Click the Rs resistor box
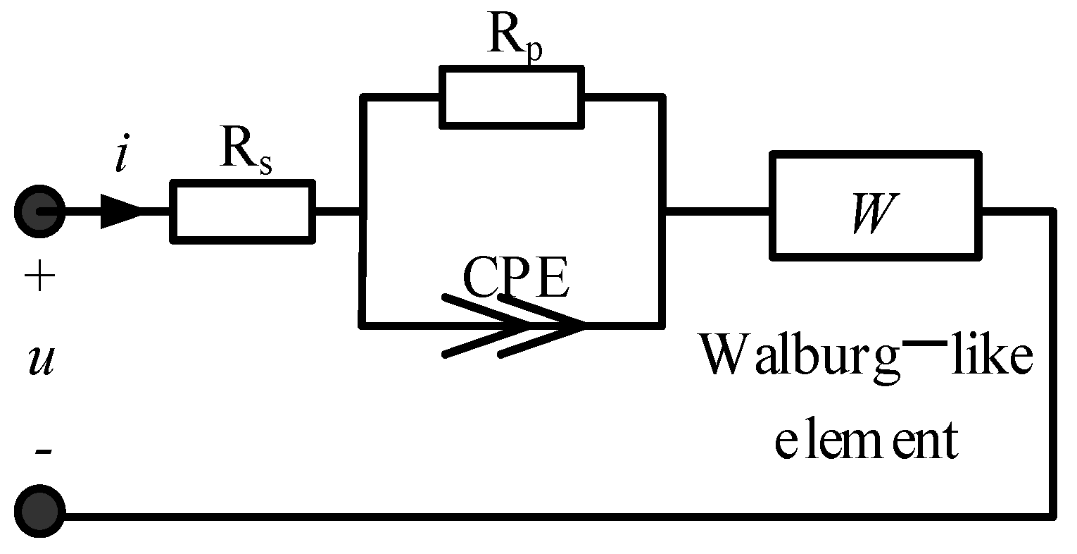243,211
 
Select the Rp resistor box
512,97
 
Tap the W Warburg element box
876,205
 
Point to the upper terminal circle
40,211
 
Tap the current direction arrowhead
121,211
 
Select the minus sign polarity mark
42,450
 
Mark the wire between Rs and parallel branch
337,211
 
